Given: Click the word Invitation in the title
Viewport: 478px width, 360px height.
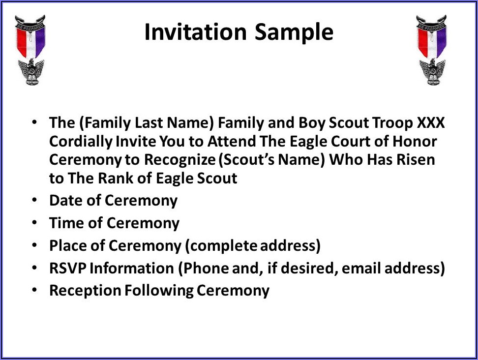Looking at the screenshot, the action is tap(195, 31).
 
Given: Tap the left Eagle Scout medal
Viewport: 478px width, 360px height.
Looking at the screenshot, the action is tap(30, 50).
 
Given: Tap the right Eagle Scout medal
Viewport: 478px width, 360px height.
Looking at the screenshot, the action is tap(432, 50).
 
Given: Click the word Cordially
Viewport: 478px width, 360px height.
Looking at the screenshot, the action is tap(81, 142).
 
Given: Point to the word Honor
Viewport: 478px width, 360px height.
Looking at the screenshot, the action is tap(415, 142).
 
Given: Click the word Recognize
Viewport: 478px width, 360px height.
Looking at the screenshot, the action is tap(180, 160).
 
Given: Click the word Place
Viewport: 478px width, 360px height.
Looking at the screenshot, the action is tap(68, 245).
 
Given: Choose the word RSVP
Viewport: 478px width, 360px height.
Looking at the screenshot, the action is tap(68, 268).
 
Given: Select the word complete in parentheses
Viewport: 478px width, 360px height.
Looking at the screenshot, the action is tap(221, 246).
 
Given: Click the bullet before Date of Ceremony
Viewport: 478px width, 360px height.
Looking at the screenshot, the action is tap(34, 200).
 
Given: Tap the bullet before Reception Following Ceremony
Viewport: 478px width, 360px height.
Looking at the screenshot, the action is tap(34, 290).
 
